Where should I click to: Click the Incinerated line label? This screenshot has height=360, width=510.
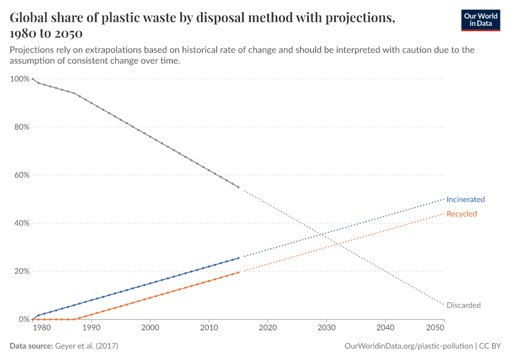[x=465, y=199]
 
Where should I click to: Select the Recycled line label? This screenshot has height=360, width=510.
[x=461, y=214]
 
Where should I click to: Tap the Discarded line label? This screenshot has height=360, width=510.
[x=463, y=305]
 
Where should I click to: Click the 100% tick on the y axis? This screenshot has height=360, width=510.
[x=20, y=79]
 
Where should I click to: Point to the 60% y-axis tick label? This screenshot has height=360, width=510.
[x=22, y=175]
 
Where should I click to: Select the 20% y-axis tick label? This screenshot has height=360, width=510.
[x=22, y=271]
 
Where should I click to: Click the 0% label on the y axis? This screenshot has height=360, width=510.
[x=23, y=319]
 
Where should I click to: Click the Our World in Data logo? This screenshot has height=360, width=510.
[x=480, y=20]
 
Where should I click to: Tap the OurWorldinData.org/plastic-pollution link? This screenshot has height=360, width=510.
[x=409, y=346]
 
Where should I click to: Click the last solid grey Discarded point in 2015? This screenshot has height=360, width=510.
[x=238, y=187]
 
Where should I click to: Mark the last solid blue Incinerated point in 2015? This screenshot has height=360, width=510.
[x=238, y=258]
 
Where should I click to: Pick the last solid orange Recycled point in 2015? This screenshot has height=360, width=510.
[x=238, y=272]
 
